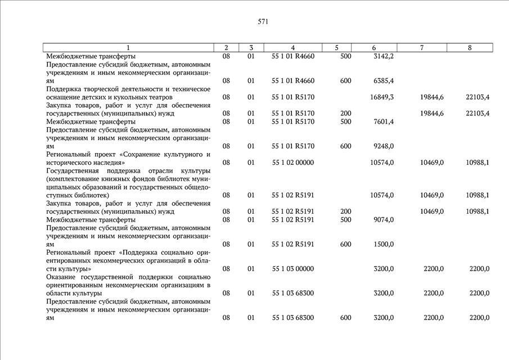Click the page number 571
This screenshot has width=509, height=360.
[263, 22]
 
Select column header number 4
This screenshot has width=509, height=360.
[292, 48]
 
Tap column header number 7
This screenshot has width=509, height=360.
[422, 48]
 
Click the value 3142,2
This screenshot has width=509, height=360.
[384, 56]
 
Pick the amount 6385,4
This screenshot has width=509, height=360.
[384, 81]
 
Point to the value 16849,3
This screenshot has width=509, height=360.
[382, 97]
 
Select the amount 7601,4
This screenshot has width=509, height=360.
[384, 121]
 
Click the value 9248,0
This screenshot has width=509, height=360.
[384, 146]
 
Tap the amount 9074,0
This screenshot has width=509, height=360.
[384, 219]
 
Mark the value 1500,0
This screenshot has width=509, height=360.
[384, 244]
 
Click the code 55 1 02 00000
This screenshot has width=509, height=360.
[292, 163]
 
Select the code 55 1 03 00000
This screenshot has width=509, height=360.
[292, 269]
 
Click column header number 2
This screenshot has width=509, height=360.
[226, 48]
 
